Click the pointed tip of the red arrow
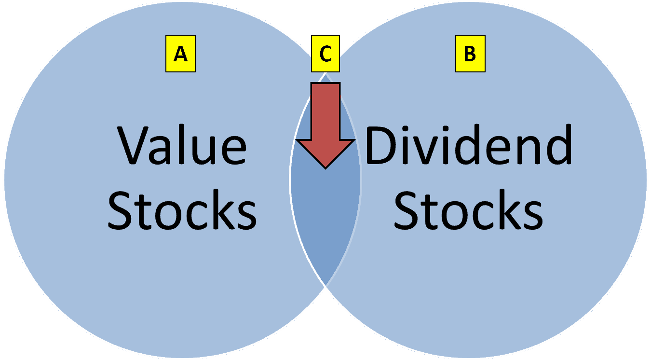tap(325, 167)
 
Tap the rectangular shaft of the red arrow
tap(325, 111)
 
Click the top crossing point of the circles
tap(325, 72)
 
